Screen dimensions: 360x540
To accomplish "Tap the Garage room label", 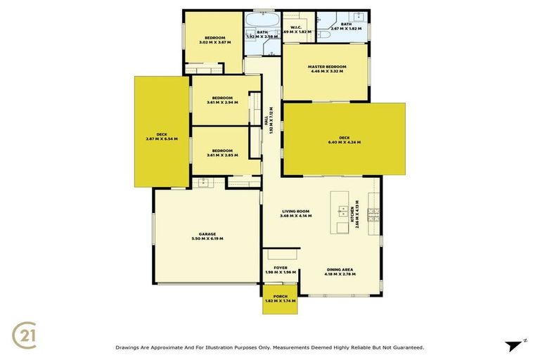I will coord(207,234).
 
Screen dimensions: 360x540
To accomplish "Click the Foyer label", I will coord(281,268).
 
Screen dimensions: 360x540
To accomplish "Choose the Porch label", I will coord(281,296).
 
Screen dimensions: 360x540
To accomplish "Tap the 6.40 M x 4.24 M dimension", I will coord(344,143).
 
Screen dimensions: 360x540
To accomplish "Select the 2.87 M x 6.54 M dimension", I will coord(162,139).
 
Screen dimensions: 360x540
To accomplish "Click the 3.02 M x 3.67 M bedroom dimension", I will coord(214,43).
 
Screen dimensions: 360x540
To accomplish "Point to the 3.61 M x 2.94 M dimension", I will coord(222,103).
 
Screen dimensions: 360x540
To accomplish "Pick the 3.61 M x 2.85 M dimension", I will coord(222,155).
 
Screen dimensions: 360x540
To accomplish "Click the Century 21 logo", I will coord(25,334).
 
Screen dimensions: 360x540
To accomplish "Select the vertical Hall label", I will coord(266,121).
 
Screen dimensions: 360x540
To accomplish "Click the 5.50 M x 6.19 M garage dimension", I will coord(207,239).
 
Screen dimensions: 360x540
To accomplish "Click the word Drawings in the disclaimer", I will coord(129,347).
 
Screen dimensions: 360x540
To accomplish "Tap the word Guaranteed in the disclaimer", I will coord(407,347).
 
